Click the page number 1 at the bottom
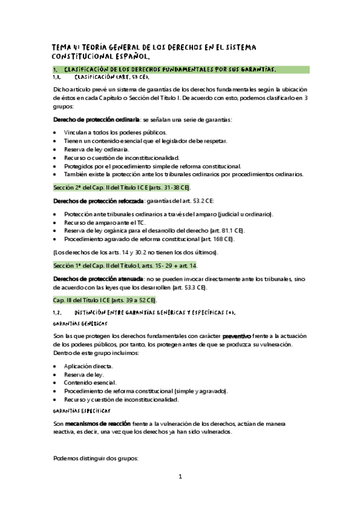tap(180, 477)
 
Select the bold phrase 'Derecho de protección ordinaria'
tap(97, 119)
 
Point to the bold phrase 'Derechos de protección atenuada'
tap(99, 279)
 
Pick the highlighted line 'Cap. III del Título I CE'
tap(105, 300)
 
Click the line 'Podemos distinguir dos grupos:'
tap(96, 458)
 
